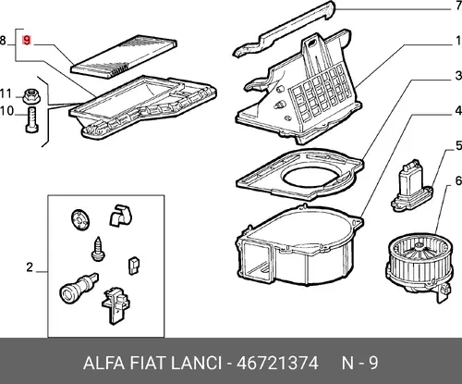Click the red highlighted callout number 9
tap(27, 41)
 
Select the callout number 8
tap(3, 41)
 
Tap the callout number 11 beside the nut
tap(6, 93)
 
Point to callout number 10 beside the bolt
tap(6, 111)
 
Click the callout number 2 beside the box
tap(30, 267)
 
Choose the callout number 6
tap(458, 180)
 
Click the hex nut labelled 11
tap(31, 95)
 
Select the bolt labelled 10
tap(31, 119)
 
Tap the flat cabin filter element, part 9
tap(124, 57)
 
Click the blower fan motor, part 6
tap(419, 266)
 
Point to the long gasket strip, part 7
tap(284, 30)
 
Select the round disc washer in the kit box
tap(80, 219)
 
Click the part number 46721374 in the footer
tap(277, 363)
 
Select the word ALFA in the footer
tap(103, 363)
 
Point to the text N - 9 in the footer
tap(359, 363)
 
